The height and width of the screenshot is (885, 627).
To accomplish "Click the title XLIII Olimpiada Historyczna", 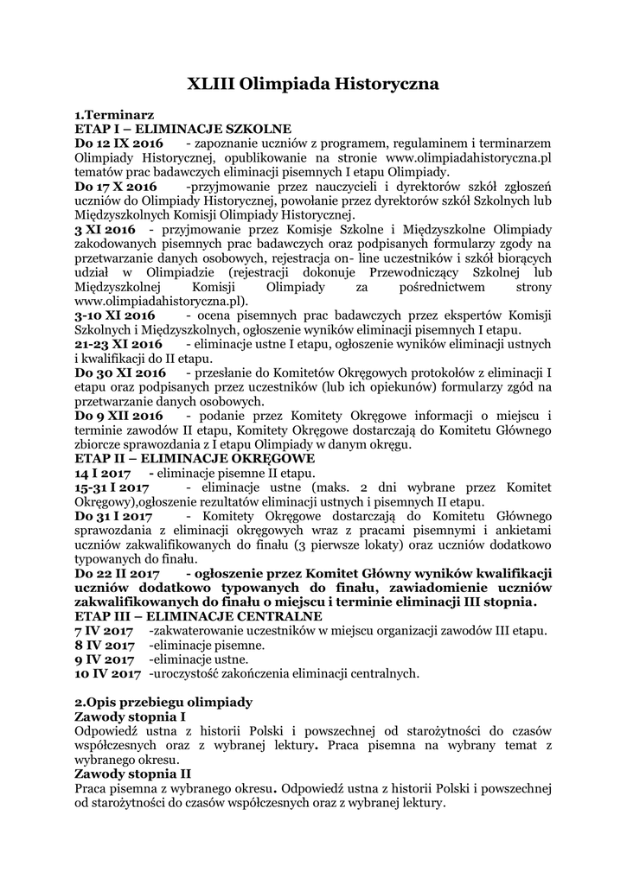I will pyautogui.click(x=313, y=84).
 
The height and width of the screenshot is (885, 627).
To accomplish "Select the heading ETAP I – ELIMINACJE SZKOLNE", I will pyautogui.click(x=182, y=128).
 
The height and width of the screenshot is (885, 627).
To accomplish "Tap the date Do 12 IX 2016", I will pyautogui.click(x=118, y=143).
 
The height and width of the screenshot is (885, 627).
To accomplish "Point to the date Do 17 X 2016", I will pyautogui.click(x=116, y=186).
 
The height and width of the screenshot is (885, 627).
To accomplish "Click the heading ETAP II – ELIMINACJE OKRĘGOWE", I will pyautogui.click(x=195, y=458).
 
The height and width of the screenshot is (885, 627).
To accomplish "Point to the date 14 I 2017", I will pyautogui.click(x=102, y=474).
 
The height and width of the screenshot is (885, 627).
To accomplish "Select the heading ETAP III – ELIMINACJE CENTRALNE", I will pyautogui.click(x=198, y=616).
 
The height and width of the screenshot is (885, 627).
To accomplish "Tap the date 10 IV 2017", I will pyautogui.click(x=107, y=673).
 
